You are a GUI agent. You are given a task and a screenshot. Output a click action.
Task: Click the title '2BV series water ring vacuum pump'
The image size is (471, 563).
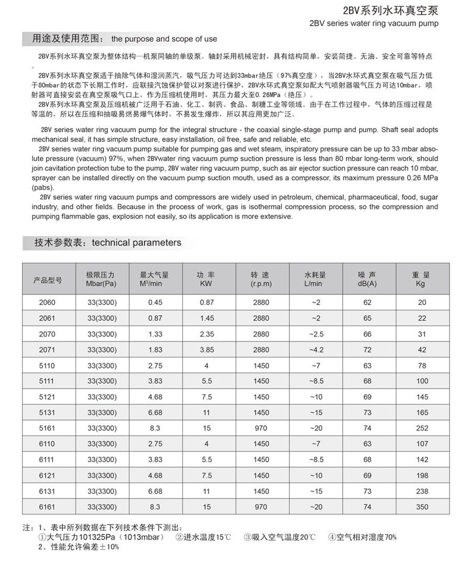[x=374, y=24]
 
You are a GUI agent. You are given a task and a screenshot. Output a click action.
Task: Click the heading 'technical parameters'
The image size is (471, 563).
[x=137, y=243]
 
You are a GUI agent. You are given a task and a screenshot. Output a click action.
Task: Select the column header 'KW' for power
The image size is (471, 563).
[x=206, y=284]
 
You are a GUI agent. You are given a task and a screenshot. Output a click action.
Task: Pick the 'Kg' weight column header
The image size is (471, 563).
[x=421, y=284]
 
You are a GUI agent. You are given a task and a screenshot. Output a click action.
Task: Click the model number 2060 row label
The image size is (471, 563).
[x=47, y=302]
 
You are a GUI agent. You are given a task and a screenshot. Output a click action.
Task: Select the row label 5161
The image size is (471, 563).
[x=47, y=428]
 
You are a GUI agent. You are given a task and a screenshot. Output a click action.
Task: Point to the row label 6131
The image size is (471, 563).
[x=47, y=491]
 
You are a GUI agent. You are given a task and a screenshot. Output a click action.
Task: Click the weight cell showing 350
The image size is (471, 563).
[x=422, y=507]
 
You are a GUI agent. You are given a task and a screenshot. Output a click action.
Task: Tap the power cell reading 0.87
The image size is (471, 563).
[x=206, y=302]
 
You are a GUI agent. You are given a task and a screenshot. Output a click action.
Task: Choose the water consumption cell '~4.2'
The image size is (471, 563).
[x=316, y=350]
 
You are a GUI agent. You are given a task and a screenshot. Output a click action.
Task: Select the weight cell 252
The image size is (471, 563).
[x=422, y=428]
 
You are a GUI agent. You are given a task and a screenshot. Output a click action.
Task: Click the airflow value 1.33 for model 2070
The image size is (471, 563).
[x=155, y=334]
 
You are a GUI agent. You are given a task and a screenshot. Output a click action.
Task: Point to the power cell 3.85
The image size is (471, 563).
[x=206, y=350]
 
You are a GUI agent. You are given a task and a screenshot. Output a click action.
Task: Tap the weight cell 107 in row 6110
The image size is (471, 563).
[x=422, y=444]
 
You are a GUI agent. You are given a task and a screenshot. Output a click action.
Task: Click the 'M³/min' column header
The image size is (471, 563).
[x=151, y=284]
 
